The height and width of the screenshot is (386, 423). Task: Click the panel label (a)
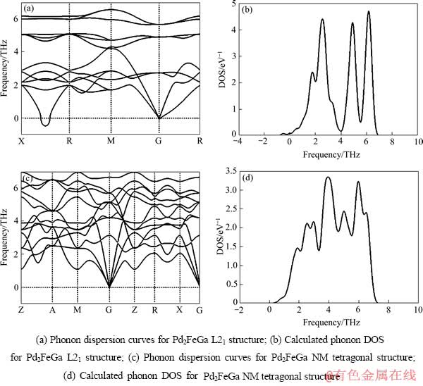click(28, 9)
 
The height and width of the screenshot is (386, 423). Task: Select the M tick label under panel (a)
click(110, 142)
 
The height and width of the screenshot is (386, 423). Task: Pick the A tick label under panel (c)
click(52, 310)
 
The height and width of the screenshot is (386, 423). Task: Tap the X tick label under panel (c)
click(179, 310)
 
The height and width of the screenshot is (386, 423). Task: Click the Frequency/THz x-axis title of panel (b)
click(329, 153)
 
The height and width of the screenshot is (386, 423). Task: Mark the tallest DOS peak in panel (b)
click(367, 12)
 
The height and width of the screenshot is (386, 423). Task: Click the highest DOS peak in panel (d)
click(328, 178)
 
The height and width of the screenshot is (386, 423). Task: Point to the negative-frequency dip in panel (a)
click(46, 125)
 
